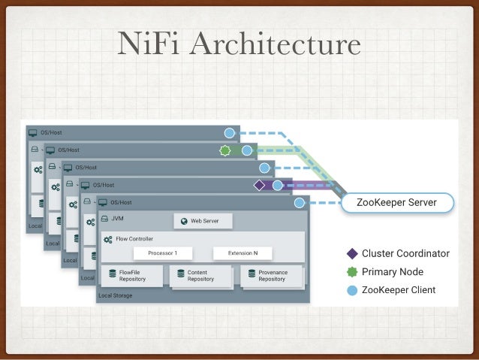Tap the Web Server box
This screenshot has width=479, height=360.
(203, 221)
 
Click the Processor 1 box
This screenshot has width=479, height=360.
(163, 253)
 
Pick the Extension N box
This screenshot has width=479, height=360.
(243, 253)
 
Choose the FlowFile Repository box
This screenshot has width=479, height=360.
(131, 275)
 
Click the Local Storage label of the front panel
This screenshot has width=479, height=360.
(115, 295)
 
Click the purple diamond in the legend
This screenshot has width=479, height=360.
(351, 253)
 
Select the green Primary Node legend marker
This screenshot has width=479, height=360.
(351, 271)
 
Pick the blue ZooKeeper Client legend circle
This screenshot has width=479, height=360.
(351, 289)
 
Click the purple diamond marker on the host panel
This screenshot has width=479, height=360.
(260, 185)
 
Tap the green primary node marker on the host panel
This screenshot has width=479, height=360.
(224, 150)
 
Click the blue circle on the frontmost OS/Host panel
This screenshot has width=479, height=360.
(300, 202)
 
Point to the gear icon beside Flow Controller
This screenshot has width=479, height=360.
(108, 239)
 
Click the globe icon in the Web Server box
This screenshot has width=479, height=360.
(183, 221)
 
